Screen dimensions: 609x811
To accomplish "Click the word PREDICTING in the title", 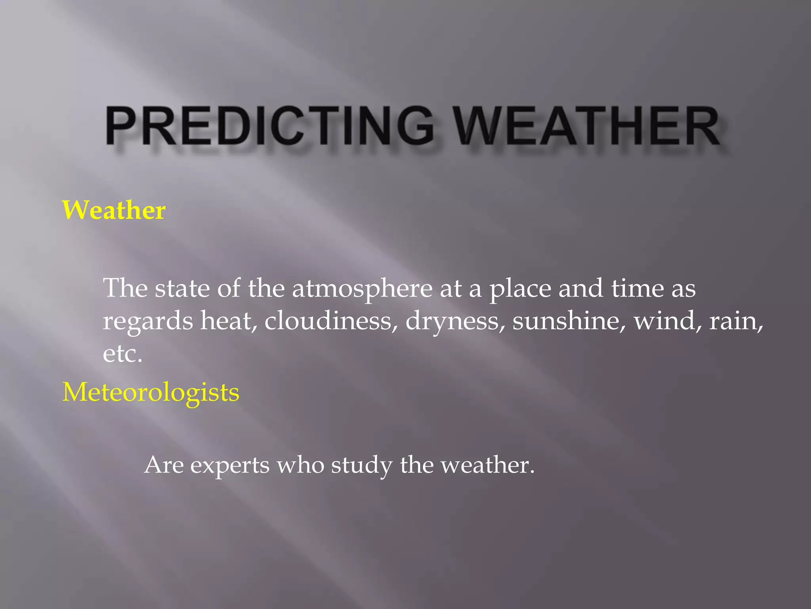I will [269, 126].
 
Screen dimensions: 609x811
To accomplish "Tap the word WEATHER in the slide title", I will [586, 126].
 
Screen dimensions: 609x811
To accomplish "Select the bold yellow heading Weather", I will [114, 210].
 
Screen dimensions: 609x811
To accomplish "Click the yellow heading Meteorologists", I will [151, 392].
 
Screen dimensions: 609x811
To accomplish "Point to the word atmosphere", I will [362, 288].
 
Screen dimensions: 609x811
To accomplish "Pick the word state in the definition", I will [182, 288].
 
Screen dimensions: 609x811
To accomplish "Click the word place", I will [520, 289].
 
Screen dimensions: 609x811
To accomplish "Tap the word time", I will [637, 288].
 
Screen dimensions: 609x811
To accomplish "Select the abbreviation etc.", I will [122, 354].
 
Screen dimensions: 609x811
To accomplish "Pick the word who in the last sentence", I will [300, 465].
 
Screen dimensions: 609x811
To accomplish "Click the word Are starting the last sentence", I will [164, 465].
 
